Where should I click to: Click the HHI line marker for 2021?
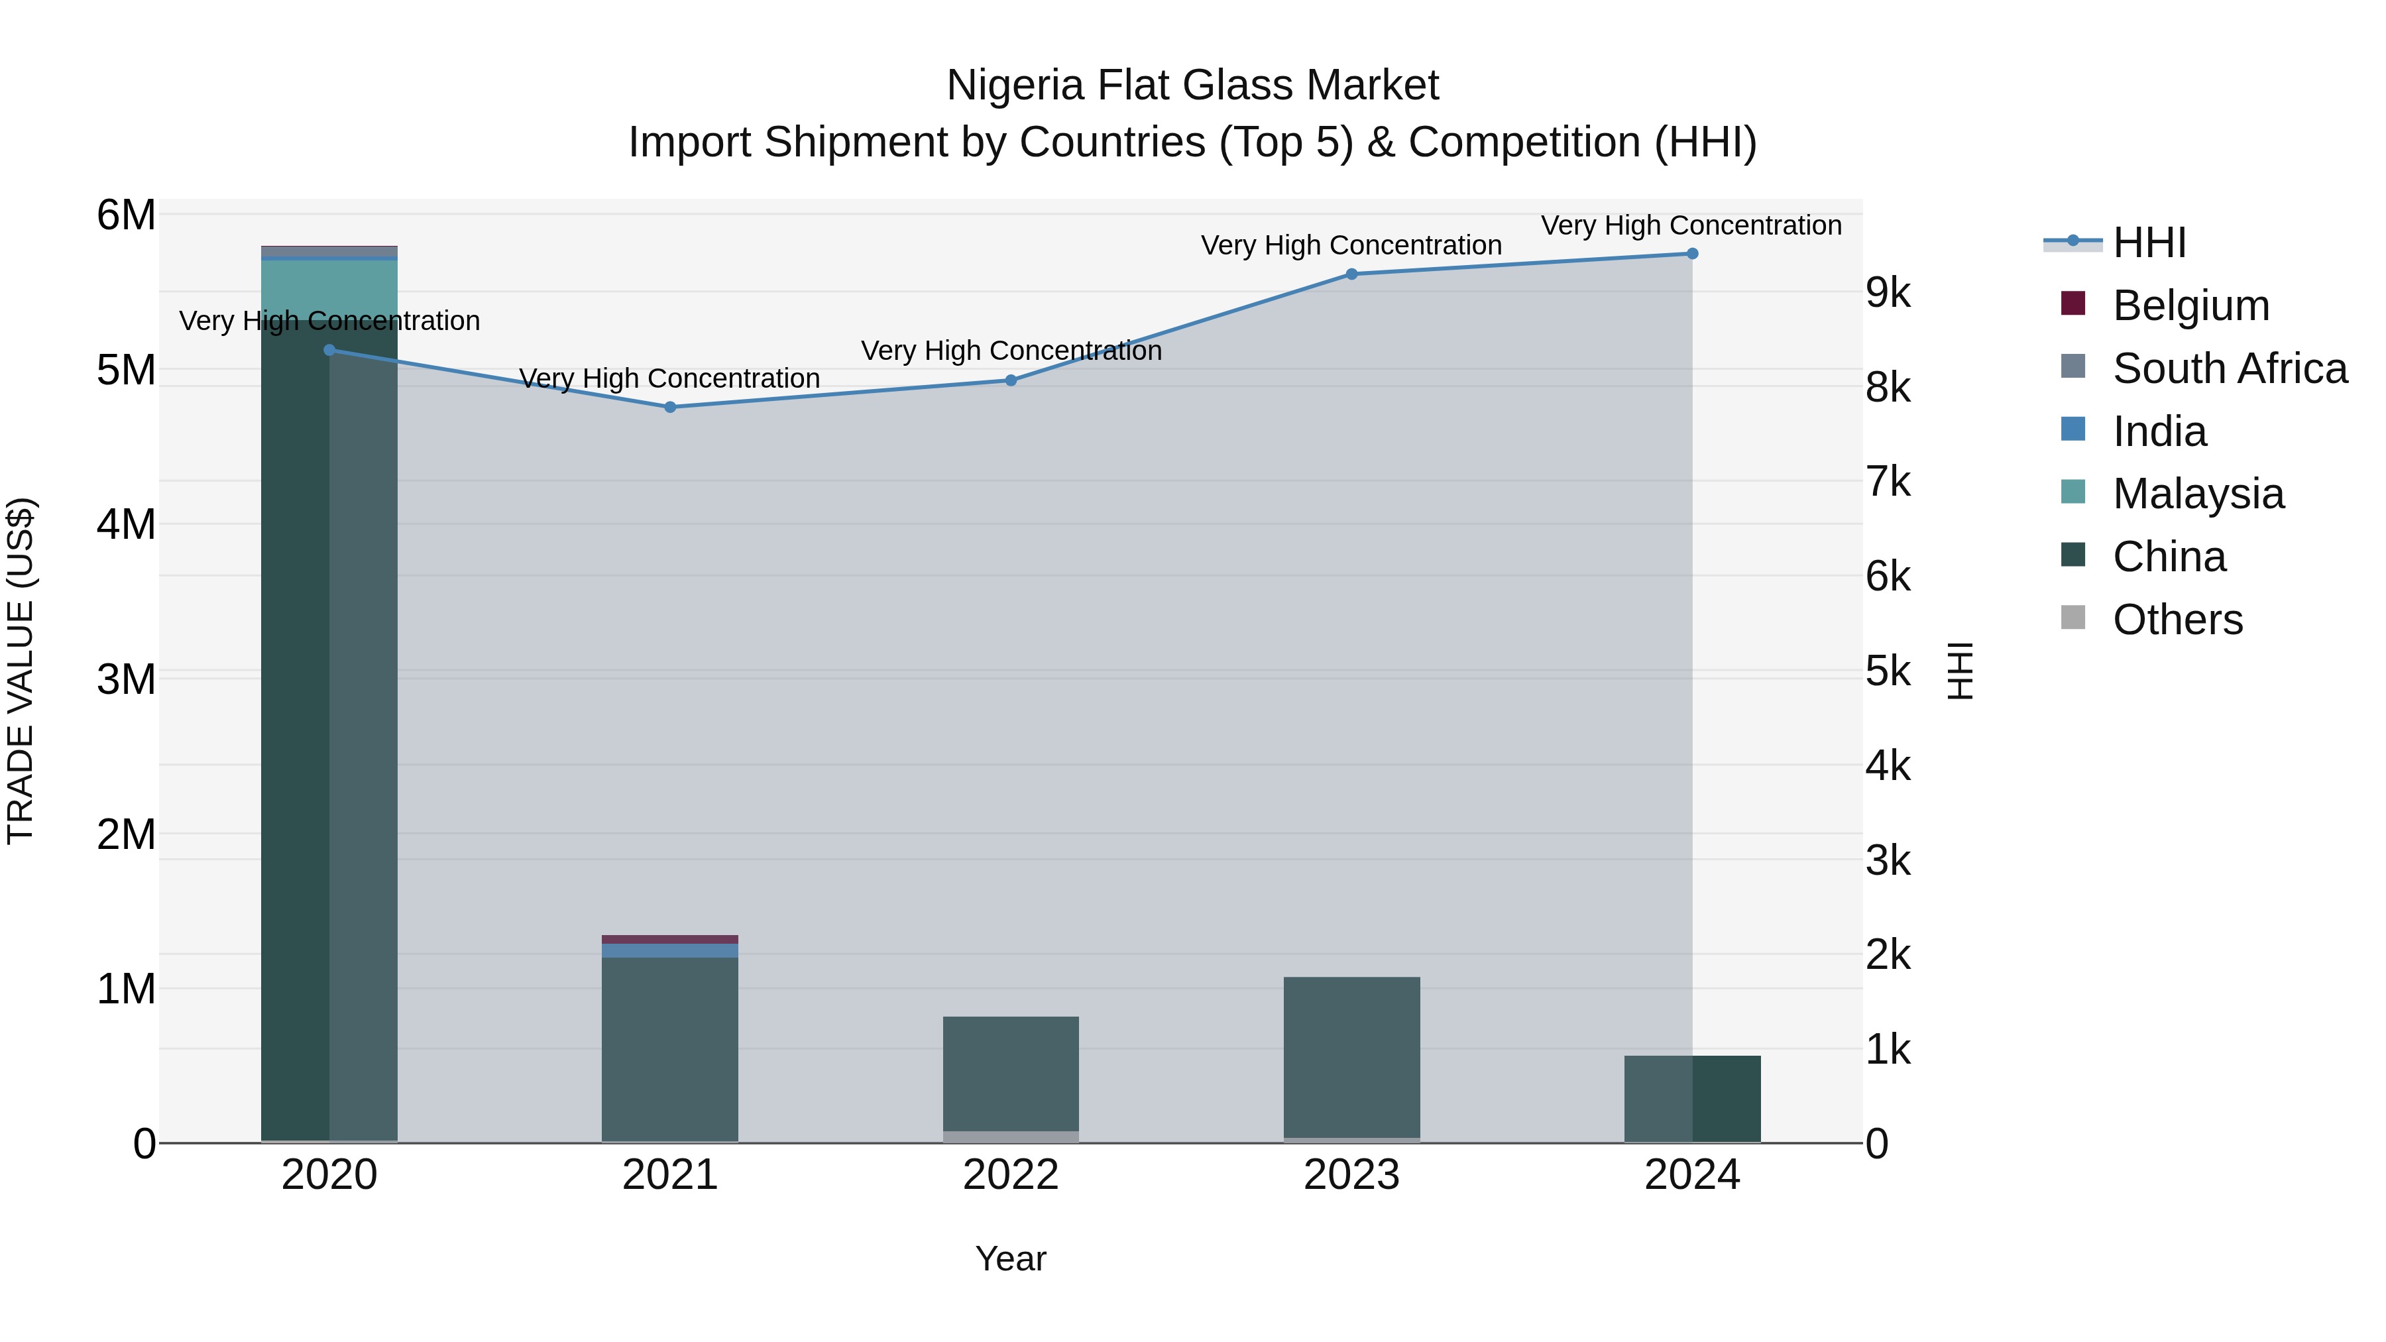point(669,407)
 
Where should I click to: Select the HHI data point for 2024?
point(1691,254)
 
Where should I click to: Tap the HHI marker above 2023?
point(1351,274)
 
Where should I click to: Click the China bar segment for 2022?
point(1011,1074)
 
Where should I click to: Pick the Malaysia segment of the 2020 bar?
point(329,289)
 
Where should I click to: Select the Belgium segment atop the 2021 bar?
point(669,939)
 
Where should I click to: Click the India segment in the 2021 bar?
point(669,950)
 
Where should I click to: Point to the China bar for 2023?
point(1351,1056)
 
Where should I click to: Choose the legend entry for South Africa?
point(2230,368)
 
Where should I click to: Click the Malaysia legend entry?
point(2198,494)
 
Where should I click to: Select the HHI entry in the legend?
point(2149,243)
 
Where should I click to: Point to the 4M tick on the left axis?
point(126,524)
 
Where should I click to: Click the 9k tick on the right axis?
point(1888,294)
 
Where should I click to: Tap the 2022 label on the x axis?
point(1011,1175)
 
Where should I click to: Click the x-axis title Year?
point(1011,1258)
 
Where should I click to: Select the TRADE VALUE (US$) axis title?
point(21,671)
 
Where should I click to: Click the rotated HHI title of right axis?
point(1960,671)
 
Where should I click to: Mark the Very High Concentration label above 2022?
point(1011,351)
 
